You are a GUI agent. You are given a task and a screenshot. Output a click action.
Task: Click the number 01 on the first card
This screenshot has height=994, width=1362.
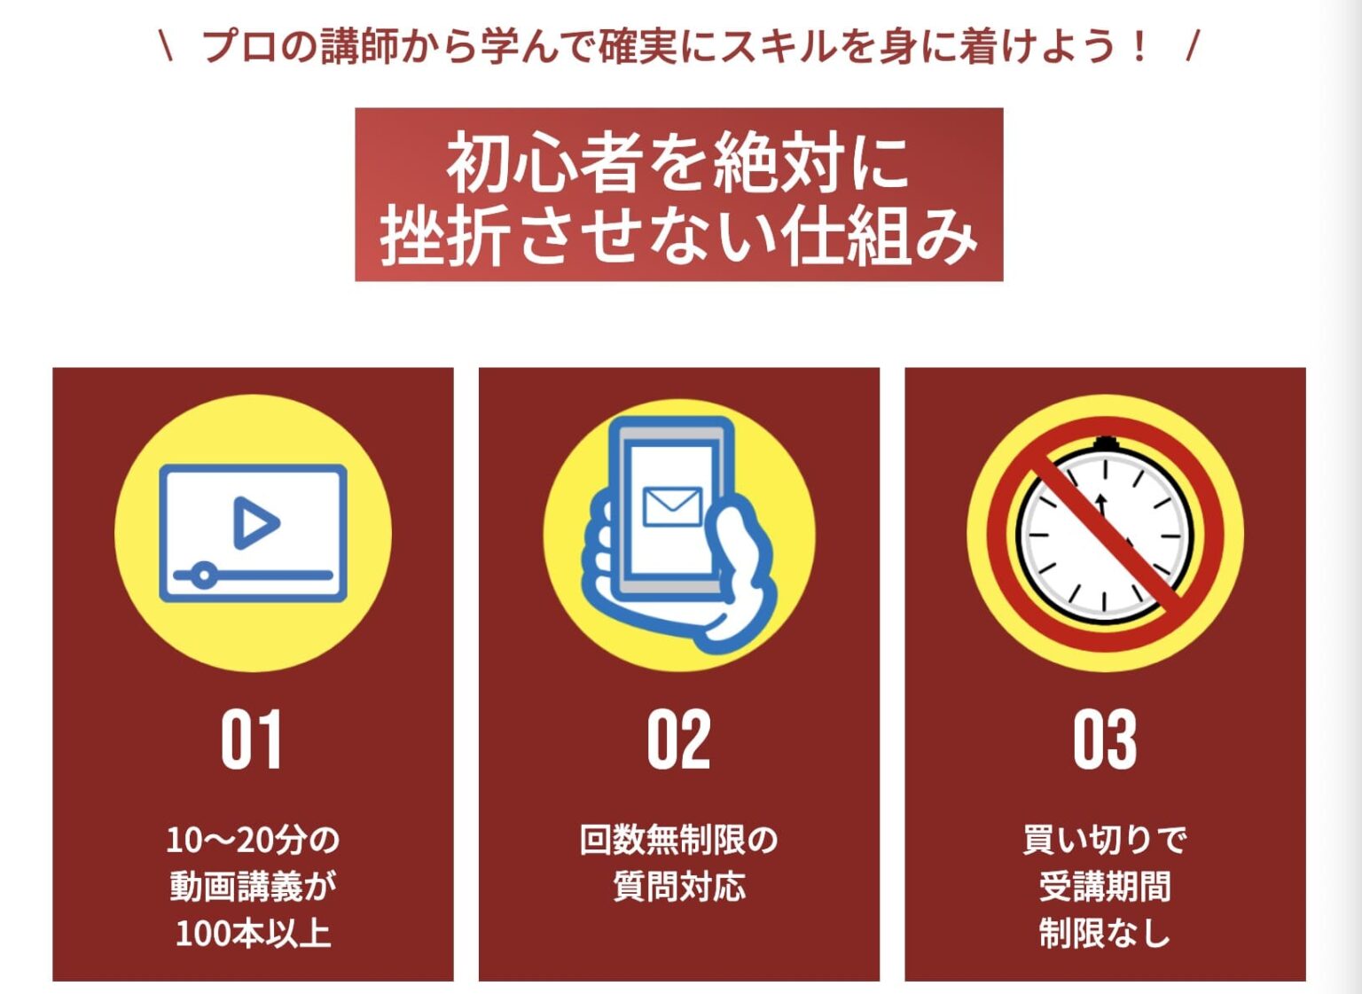click(x=252, y=740)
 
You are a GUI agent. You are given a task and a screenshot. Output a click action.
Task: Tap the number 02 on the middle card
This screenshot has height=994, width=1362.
click(x=678, y=740)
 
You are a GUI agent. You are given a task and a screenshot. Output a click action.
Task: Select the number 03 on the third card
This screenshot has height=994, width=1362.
click(x=1105, y=740)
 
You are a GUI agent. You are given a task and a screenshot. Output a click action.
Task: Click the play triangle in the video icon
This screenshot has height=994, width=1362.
click(x=254, y=522)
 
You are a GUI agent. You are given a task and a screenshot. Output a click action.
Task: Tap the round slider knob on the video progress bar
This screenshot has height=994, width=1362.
click(x=204, y=575)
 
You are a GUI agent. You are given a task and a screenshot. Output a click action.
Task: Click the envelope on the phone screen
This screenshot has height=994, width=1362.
click(x=672, y=506)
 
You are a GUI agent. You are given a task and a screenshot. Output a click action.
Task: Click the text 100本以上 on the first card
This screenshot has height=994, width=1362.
click(x=253, y=933)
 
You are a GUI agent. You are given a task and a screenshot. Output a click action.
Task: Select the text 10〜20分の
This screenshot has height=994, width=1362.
click(x=253, y=839)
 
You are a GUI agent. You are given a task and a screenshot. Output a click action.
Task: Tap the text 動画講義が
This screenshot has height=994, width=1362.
click(x=253, y=886)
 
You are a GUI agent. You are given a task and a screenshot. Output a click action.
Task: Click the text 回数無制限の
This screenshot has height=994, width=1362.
click(x=678, y=839)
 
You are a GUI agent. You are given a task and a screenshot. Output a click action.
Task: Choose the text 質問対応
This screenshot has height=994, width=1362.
click(x=678, y=886)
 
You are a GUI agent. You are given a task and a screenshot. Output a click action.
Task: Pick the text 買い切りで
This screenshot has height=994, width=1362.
click(x=1105, y=839)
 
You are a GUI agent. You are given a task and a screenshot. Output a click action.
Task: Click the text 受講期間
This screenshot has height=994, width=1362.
click(x=1105, y=886)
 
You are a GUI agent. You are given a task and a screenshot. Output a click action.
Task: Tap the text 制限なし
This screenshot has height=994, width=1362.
click(x=1105, y=933)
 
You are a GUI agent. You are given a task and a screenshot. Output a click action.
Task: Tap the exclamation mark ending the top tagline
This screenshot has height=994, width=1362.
click(x=1139, y=46)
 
